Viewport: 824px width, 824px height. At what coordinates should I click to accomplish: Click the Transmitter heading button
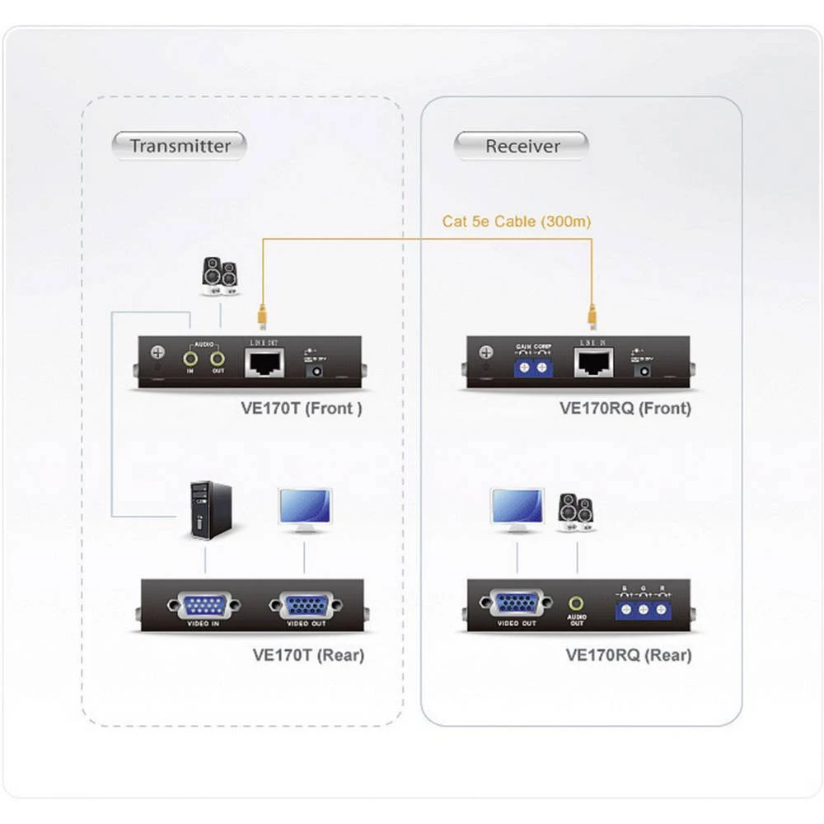180,146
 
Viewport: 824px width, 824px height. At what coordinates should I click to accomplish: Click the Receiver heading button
522,146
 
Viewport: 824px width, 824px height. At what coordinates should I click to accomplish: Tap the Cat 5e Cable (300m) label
516,221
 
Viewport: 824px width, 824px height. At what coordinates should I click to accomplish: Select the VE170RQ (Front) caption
625,408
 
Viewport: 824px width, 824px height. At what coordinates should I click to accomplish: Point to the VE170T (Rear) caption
307,655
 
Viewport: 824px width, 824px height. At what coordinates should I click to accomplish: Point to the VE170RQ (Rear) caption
628,655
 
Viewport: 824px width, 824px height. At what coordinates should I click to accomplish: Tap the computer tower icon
211,510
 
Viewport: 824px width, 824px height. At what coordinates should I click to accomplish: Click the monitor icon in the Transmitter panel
305,508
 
